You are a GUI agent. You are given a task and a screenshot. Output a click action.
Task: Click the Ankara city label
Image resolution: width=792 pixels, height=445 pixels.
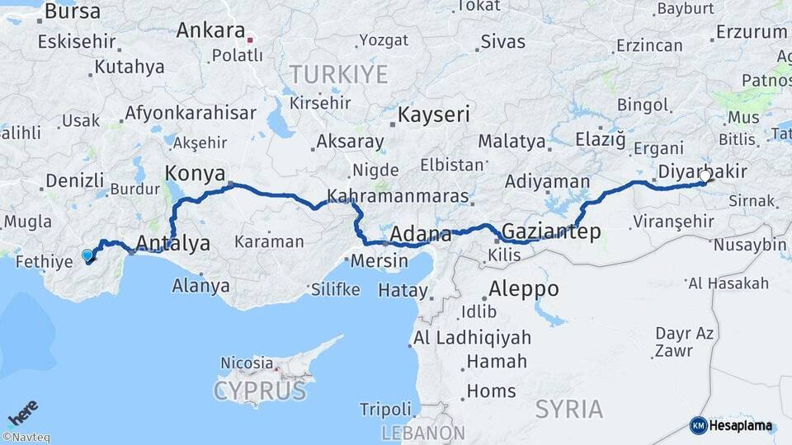coord(210,31)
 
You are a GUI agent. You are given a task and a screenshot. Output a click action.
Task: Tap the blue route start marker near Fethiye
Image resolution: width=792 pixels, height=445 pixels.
coord(87,255)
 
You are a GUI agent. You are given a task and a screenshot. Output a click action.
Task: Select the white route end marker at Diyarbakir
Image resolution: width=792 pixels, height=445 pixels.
coord(704,176)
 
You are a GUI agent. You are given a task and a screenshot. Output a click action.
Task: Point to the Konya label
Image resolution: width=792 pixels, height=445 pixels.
coord(195,173)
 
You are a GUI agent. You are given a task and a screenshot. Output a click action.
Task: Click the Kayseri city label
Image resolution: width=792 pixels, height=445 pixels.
coord(434,115)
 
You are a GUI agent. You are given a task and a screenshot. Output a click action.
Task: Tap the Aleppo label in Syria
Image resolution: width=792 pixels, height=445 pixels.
coord(523,289)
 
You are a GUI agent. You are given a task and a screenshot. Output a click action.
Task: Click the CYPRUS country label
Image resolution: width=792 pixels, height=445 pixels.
coord(261,391)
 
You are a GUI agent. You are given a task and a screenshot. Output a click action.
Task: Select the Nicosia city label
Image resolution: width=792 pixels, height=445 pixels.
coord(247,363)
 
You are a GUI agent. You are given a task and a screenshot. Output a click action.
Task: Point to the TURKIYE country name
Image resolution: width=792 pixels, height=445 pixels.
coord(338,75)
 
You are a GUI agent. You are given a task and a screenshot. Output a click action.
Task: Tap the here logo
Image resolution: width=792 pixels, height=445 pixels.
coord(22,412)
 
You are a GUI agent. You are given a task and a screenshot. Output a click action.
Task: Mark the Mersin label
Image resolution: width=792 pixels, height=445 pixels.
coord(379,261)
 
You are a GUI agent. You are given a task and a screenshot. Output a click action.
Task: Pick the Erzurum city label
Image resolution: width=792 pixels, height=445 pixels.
coord(752,32)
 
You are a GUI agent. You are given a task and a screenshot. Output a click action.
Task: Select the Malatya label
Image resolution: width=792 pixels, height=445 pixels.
coord(511,141)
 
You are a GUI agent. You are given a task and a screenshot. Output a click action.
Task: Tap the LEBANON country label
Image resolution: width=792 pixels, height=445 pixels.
coord(423,433)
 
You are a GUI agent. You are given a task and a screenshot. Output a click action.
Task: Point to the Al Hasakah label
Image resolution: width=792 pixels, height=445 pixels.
coord(728,283)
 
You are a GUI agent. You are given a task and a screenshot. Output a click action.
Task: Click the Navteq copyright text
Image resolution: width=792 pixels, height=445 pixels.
coord(26,438)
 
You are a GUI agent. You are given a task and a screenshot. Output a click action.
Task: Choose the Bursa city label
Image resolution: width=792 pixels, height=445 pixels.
coord(73,12)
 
